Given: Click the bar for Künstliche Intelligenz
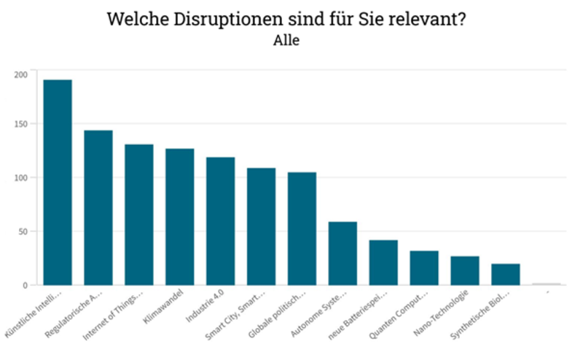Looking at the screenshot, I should [x=58, y=182].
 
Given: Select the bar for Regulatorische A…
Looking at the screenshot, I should [x=98, y=208].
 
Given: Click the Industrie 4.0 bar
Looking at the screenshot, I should [x=221, y=221].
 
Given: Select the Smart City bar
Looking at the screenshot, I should [x=262, y=226].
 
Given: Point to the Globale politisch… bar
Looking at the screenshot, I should [x=302, y=228].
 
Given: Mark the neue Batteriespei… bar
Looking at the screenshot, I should [x=383, y=262].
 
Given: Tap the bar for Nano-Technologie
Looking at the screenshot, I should [x=465, y=270].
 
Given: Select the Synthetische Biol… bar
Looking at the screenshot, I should [x=506, y=274].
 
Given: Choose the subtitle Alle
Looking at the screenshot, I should [x=286, y=41].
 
